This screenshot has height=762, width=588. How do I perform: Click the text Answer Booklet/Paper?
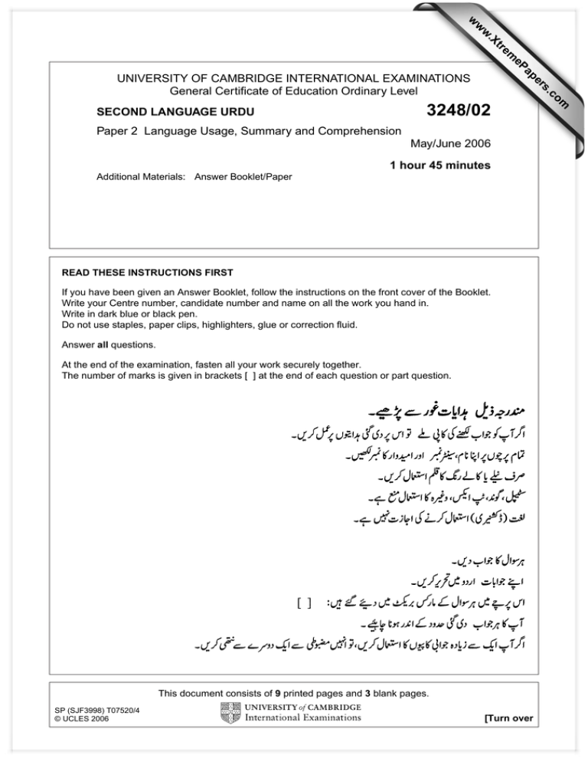click(243, 176)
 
